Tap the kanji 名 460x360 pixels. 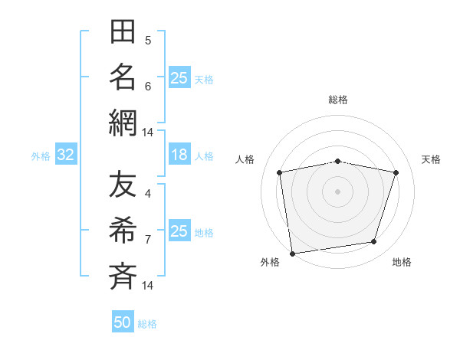pyautogui.click(x=123, y=77)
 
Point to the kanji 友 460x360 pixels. pyautogui.click(x=123, y=186)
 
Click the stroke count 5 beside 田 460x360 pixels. pyautogui.click(x=148, y=40)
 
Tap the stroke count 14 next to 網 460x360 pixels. pyautogui.click(x=147, y=133)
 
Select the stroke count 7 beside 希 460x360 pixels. pyautogui.click(x=148, y=239)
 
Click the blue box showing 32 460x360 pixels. pyautogui.click(x=65, y=155)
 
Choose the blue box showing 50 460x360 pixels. pyautogui.click(x=123, y=323)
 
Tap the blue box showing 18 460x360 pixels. pyautogui.click(x=179, y=155)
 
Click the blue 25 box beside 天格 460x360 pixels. pyautogui.click(x=179, y=78)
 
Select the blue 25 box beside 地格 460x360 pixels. pyautogui.click(x=179, y=231)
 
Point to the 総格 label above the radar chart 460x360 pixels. pyautogui.click(x=337, y=100)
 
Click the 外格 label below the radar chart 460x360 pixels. pyautogui.click(x=270, y=263)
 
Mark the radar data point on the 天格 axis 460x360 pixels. pyautogui.click(x=396, y=172)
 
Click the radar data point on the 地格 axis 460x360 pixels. pyautogui.click(x=373, y=241)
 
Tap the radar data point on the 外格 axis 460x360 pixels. pyautogui.click(x=292, y=253)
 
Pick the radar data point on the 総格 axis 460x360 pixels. pyautogui.click(x=337, y=161)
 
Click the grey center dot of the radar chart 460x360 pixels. pyautogui.click(x=337, y=191)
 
